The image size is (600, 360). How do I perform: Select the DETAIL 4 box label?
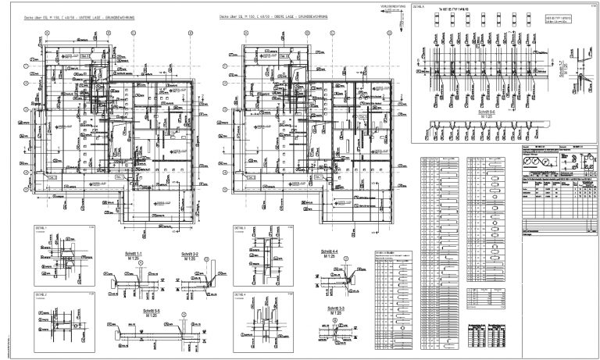coord(239,294)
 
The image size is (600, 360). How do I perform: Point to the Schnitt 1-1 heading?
coord(141,255)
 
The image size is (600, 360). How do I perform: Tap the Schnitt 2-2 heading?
coord(189,255)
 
